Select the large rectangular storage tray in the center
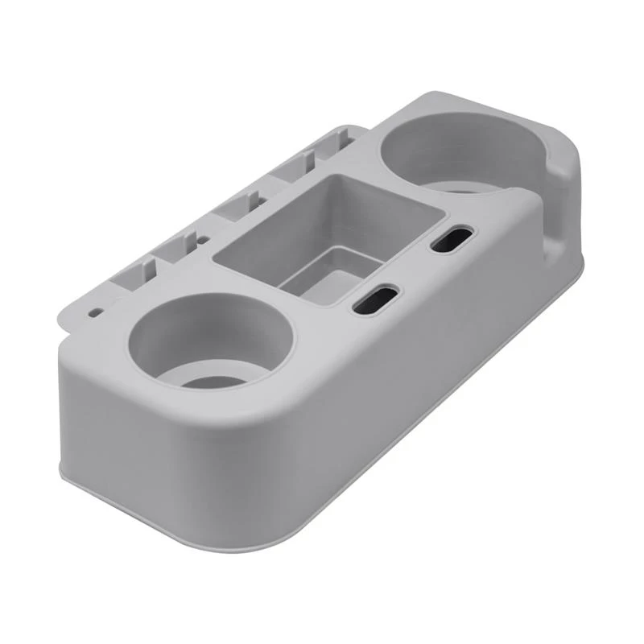click(330, 233)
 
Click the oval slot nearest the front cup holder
click(375, 297)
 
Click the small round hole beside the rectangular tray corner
click(204, 239)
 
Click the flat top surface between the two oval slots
click(415, 270)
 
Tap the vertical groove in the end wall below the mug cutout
click(555, 242)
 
